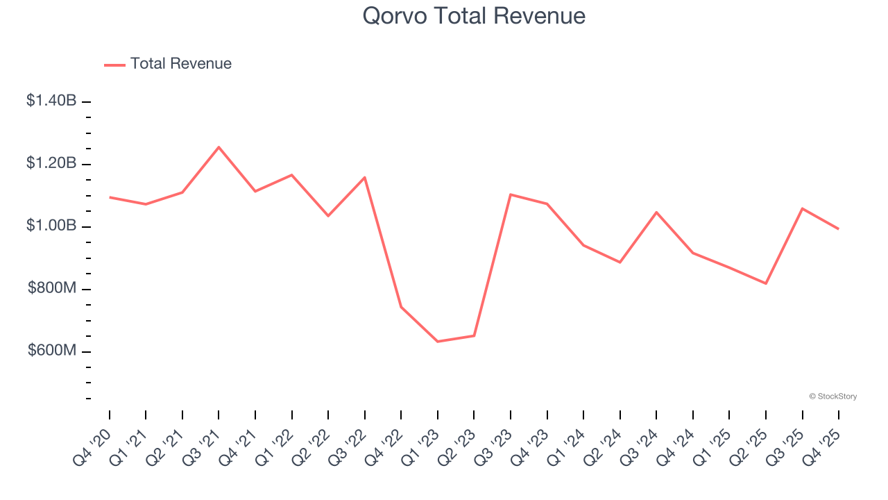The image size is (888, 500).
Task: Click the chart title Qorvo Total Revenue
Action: pyautogui.click(x=474, y=16)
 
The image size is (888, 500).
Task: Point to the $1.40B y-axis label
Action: pyautogui.click(x=51, y=101)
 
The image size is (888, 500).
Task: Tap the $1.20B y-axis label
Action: pyautogui.click(x=51, y=163)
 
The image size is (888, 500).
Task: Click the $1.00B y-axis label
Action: pyautogui.click(x=51, y=226)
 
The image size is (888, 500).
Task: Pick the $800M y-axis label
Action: pyautogui.click(x=52, y=288)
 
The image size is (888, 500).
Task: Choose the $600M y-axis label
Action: pyautogui.click(x=52, y=351)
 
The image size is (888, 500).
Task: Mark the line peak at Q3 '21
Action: pyautogui.click(x=219, y=147)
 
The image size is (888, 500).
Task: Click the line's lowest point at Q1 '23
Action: pyautogui.click(x=438, y=342)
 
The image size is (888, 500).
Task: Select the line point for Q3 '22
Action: pyautogui.click(x=365, y=177)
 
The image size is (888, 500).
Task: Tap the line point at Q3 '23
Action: pyautogui.click(x=511, y=194)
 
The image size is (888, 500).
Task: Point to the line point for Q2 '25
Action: pyautogui.click(x=766, y=283)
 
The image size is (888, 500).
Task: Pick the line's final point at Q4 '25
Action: pyautogui.click(x=839, y=228)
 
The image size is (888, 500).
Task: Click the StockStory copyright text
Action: pyautogui.click(x=832, y=397)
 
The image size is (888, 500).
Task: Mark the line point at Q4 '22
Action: pyautogui.click(x=401, y=307)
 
